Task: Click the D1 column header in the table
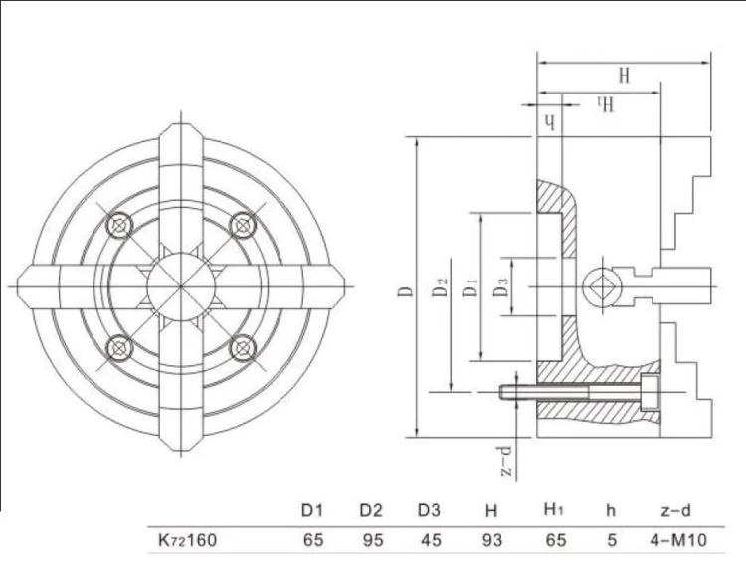(x=312, y=510)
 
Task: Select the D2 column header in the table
(x=371, y=510)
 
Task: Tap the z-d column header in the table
(x=675, y=511)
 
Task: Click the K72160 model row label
(x=187, y=540)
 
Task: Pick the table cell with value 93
(x=491, y=540)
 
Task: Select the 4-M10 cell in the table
(x=678, y=540)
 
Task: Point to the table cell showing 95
(x=373, y=540)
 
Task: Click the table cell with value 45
(x=431, y=540)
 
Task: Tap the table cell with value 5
(x=612, y=540)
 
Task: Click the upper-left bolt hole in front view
(x=119, y=225)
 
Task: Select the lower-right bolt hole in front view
(x=243, y=348)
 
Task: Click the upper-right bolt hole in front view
(x=243, y=225)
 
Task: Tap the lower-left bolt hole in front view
(x=119, y=348)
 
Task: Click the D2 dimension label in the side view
(x=442, y=287)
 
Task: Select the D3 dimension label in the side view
(x=501, y=287)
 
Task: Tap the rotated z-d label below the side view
(x=507, y=461)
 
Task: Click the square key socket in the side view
(x=602, y=287)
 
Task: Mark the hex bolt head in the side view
(x=651, y=393)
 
